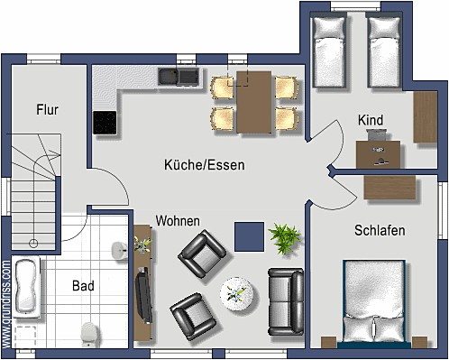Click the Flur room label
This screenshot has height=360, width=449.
coord(47,109)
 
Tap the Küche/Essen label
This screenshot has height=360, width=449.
coord(205,165)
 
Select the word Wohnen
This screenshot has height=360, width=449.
coord(178,221)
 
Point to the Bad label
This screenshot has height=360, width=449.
coord(83,286)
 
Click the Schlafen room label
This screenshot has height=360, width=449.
coord(380,230)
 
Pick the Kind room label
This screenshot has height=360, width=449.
coord(371,120)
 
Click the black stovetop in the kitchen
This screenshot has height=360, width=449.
coord(105,123)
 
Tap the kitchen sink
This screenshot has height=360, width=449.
coord(179,77)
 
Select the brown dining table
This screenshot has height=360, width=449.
coord(254,102)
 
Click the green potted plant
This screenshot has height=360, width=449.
coord(284,238)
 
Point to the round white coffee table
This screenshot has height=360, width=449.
coord(237,294)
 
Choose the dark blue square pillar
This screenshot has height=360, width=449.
coord(249,236)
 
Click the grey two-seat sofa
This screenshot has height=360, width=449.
coord(286,301)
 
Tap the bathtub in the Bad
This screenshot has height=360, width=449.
coord(27,287)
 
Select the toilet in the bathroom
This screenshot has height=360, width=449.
coord(89,335)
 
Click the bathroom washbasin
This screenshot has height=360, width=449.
coord(120,250)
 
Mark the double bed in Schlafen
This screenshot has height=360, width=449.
coord(374,303)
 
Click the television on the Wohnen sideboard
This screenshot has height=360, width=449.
coord(143,294)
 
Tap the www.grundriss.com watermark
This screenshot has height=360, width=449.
coord(6,304)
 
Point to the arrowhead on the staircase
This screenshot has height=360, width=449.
coord(57,154)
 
